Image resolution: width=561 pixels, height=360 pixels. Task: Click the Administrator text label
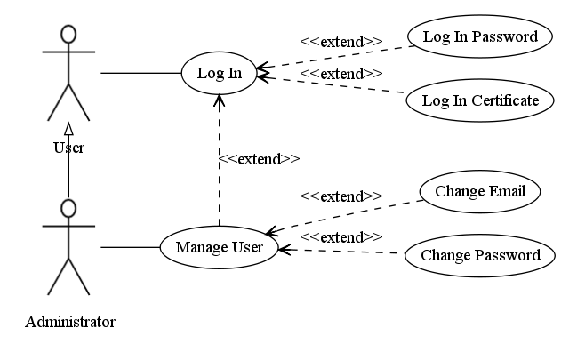[70, 322]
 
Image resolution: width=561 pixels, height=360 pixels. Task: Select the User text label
[68, 148]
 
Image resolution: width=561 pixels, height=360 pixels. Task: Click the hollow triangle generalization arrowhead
[68, 129]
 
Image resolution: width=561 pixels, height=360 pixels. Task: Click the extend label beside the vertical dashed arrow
[260, 159]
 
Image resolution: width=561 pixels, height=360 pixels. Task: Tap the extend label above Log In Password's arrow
[341, 42]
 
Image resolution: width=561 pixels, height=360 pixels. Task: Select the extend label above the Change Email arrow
[341, 196]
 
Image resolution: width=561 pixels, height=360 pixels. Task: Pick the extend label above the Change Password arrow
[341, 237]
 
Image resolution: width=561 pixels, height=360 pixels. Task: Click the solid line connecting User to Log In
[141, 73]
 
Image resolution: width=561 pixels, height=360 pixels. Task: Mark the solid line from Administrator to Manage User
[130, 247]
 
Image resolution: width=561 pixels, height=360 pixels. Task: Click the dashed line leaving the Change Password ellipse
[342, 252]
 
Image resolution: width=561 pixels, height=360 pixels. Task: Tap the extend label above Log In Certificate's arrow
[341, 74]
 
